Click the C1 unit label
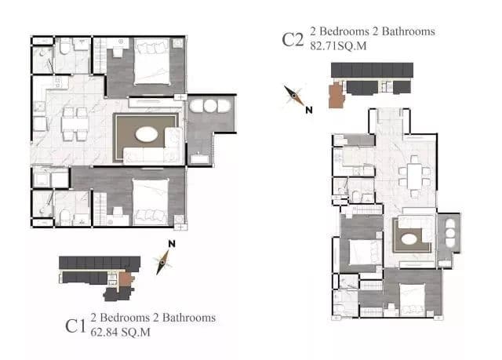(75, 326)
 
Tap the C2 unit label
(293, 40)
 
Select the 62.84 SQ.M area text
(120, 333)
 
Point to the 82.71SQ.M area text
(338, 46)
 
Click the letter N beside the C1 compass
(172, 244)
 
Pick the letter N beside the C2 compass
(309, 110)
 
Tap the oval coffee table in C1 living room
(147, 134)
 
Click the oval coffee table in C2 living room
(409, 239)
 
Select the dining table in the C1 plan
(75, 124)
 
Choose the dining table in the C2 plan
(415, 176)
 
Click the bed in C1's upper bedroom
(151, 61)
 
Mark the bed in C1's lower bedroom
(151, 202)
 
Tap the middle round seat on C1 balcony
(210, 106)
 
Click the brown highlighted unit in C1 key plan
(125, 279)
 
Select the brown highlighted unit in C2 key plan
(336, 95)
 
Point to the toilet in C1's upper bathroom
(65, 47)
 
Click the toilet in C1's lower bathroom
(65, 217)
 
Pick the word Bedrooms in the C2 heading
(344, 31)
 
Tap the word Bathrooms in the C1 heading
(189, 318)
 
